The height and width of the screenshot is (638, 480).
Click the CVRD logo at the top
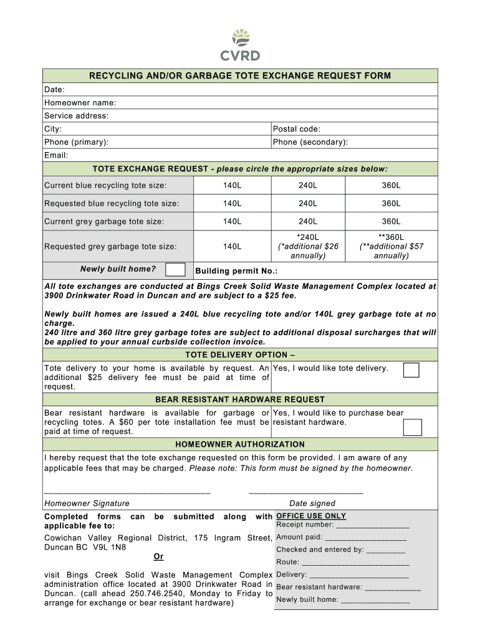tap(240, 45)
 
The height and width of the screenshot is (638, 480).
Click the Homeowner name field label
tap(80, 103)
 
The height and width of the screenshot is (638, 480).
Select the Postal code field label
tap(297, 129)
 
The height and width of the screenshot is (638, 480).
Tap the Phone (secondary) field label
tap(310, 142)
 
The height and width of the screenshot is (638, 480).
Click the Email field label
tap(56, 155)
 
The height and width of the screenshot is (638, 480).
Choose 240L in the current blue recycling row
tap(308, 186)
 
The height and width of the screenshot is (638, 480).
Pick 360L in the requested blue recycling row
tap(391, 204)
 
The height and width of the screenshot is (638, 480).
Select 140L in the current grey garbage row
tap(232, 222)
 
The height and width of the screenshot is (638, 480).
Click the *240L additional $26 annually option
tap(308, 247)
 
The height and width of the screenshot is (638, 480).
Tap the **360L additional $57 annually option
tap(391, 247)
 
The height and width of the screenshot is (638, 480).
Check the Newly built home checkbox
tap(176, 270)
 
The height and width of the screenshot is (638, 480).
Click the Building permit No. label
tap(236, 272)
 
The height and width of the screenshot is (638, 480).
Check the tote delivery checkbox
tap(411, 370)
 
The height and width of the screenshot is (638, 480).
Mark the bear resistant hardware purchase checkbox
tap(412, 427)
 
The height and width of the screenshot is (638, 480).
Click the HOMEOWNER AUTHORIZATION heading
tap(240, 445)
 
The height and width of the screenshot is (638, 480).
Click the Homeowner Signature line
tap(127, 492)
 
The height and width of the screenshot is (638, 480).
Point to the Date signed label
tap(312, 503)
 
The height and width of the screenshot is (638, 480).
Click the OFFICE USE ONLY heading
tap(311, 516)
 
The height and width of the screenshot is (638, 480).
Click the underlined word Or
tap(158, 556)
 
